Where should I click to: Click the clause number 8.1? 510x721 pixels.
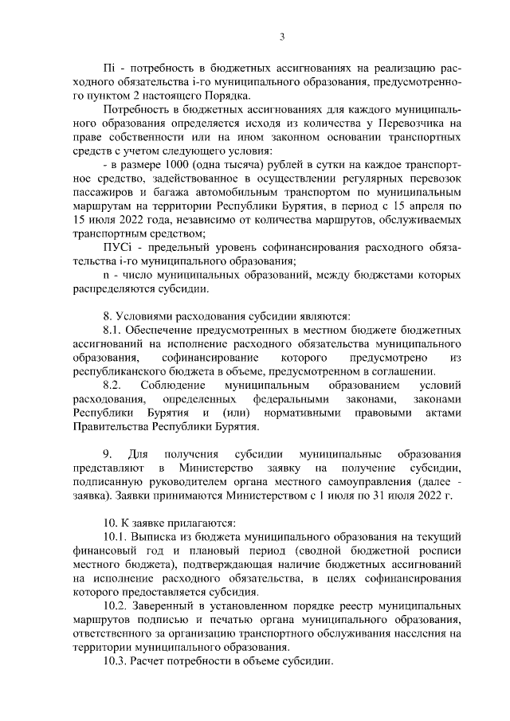114,331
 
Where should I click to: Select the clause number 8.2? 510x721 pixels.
114,386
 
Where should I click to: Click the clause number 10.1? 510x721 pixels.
117,538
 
